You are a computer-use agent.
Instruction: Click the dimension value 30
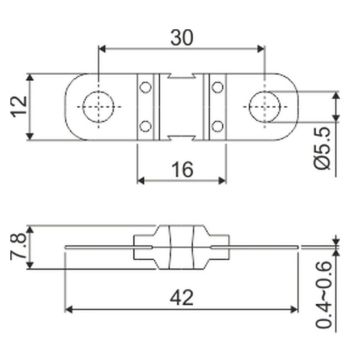tap(182, 37)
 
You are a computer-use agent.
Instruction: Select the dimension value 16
tap(183, 169)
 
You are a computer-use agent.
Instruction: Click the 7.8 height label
tap(18, 247)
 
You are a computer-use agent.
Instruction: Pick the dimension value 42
tap(182, 298)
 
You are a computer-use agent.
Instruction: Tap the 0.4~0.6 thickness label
tap(323, 295)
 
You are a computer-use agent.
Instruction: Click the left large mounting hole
tap(98, 107)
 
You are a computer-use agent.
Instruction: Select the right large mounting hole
tap(265, 107)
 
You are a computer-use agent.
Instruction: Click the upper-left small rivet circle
tap(145, 87)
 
